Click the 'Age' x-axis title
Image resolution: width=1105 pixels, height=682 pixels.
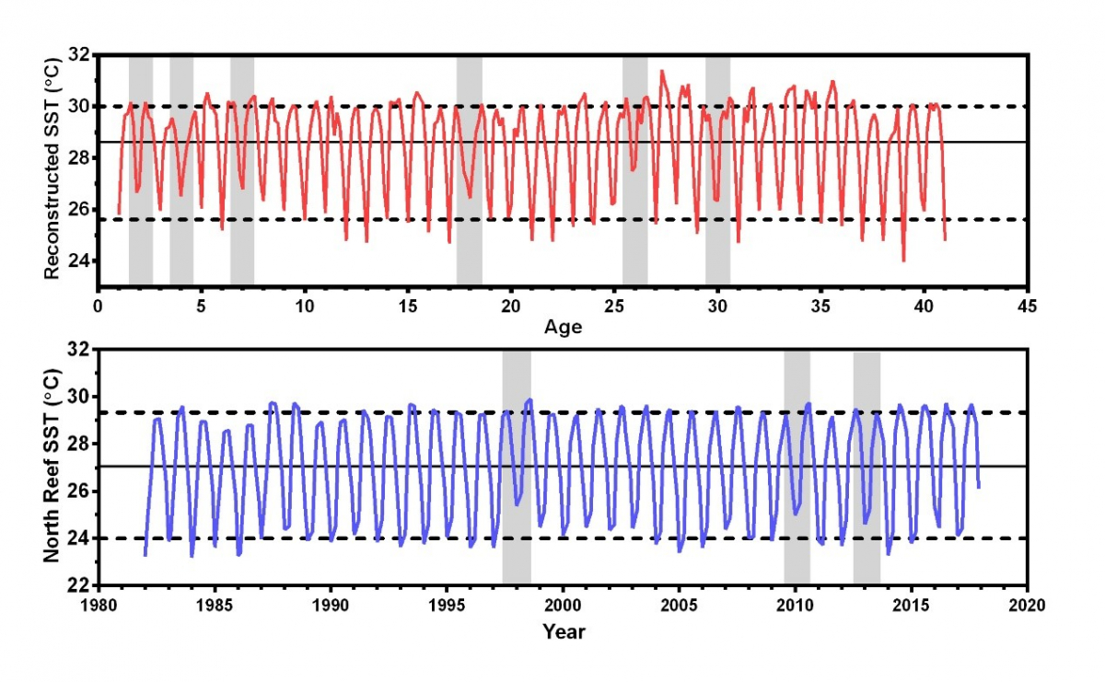(563, 327)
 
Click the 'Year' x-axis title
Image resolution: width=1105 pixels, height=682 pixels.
(563, 631)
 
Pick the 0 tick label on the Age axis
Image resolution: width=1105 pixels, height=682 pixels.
(99, 306)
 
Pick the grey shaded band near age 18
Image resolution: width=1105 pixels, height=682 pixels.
(469, 170)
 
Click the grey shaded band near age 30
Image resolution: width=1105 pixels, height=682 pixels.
(717, 170)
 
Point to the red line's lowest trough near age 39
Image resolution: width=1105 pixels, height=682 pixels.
(903, 260)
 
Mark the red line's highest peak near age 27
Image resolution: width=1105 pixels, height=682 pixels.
(660, 71)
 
